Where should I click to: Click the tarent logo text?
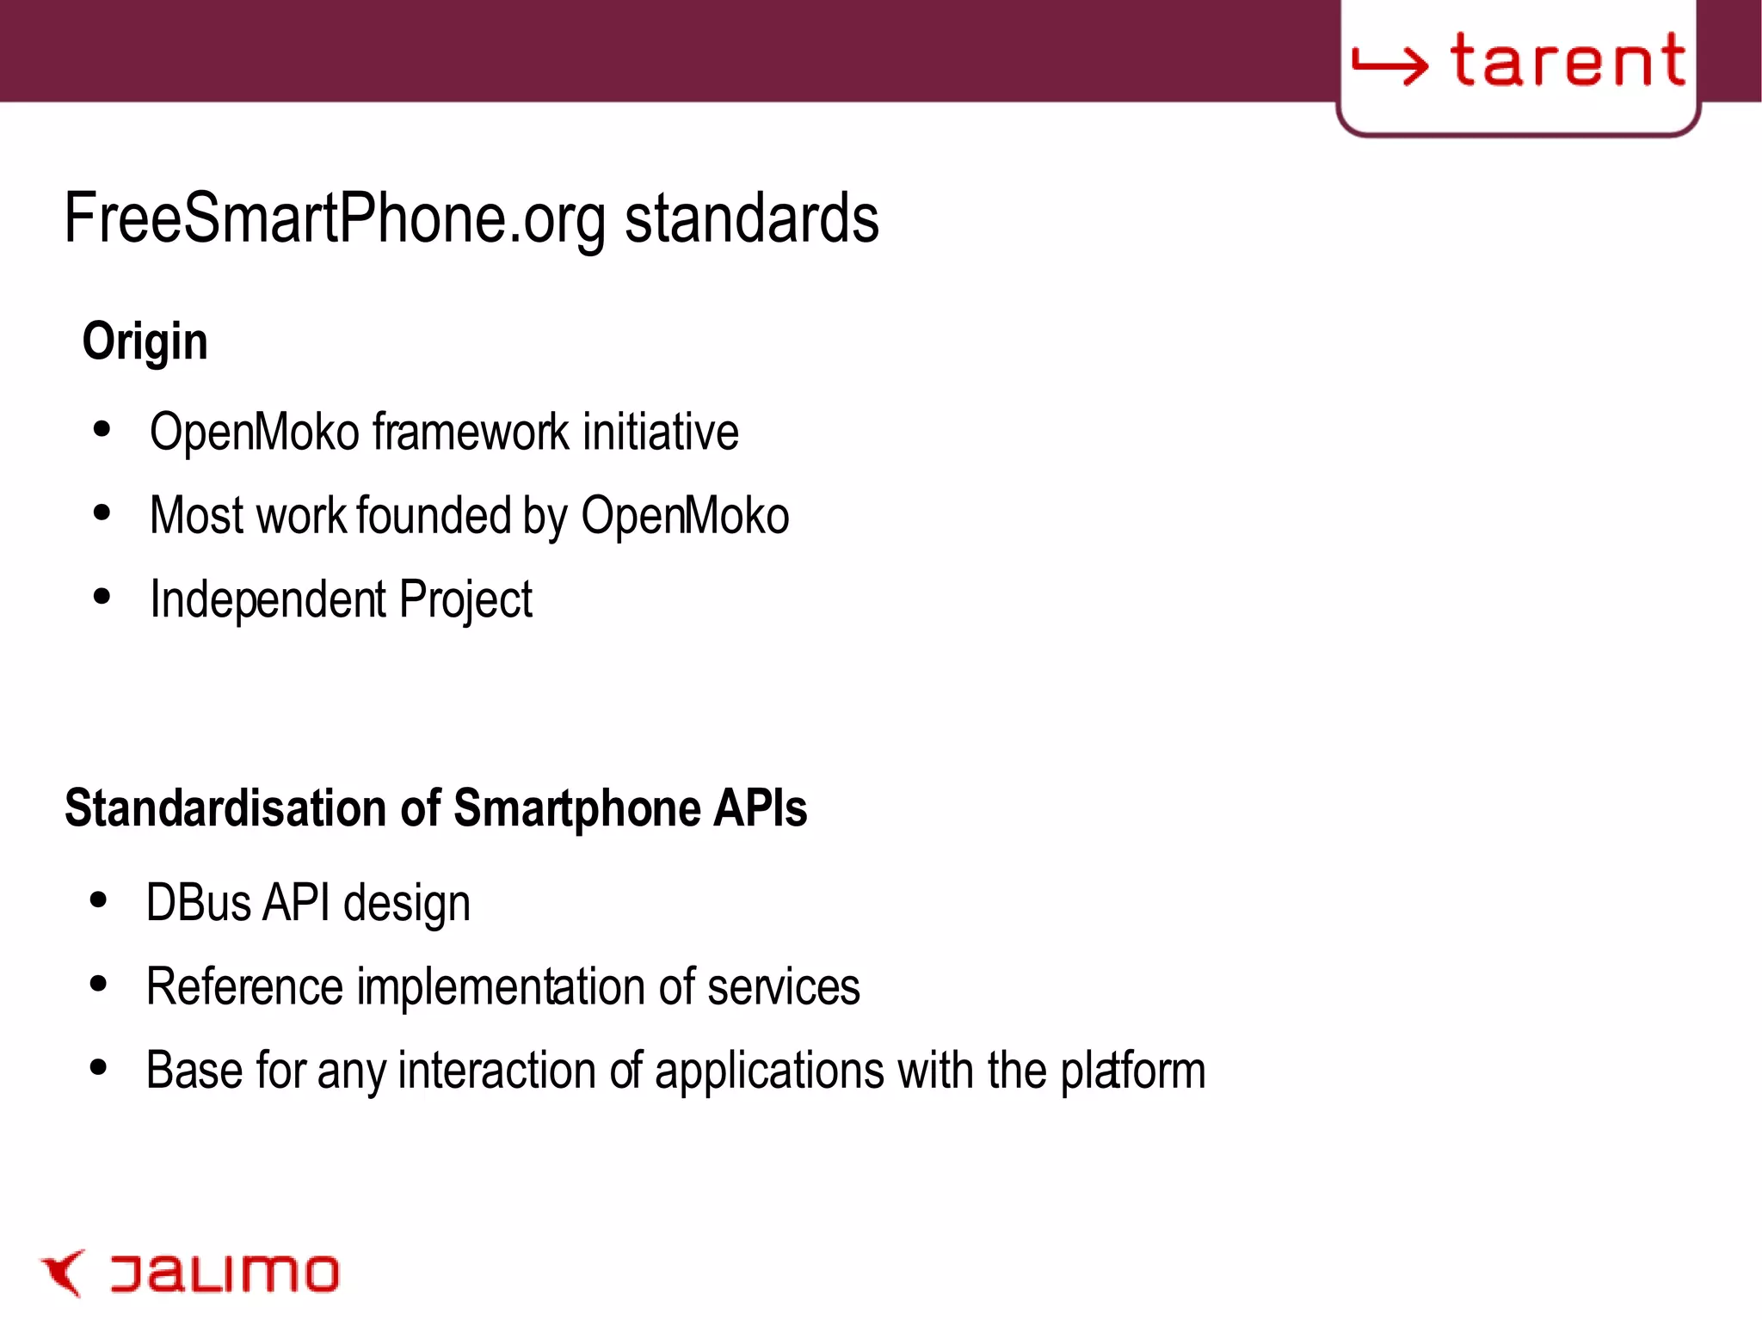(1568, 61)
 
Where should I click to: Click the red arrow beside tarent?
(1390, 64)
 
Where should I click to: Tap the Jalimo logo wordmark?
(225, 1274)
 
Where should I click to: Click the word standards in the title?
(751, 218)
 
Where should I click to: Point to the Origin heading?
(145, 341)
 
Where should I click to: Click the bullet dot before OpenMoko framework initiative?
(102, 429)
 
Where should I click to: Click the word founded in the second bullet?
(434, 515)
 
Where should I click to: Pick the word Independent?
(268, 599)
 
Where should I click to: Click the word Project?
(465, 599)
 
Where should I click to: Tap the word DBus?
(198, 903)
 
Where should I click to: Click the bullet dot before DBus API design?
(99, 900)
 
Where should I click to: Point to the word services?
(783, 986)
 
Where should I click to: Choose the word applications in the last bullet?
(769, 1071)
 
